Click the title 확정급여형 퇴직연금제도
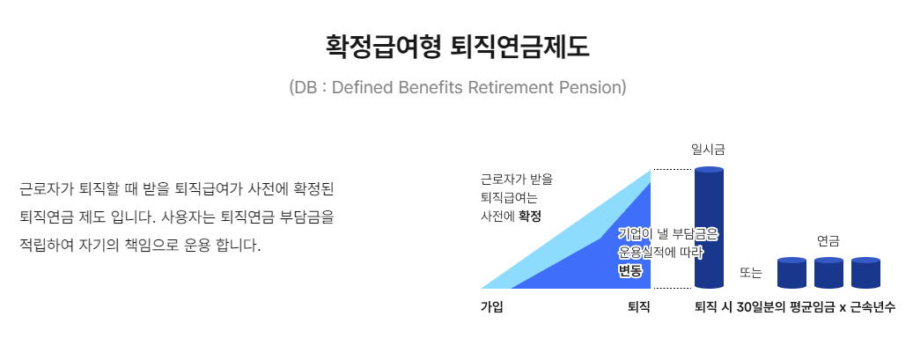coord(457,46)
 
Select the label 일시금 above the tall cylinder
coord(708,151)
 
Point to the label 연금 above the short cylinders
coord(828,239)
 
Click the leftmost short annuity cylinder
coord(792,273)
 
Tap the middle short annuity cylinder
coord(828,273)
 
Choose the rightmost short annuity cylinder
coord(865,273)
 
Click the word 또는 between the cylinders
coord(751,274)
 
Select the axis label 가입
coord(491,307)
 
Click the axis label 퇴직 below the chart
coord(638,307)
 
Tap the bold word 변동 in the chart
coord(630,270)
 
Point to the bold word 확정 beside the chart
coord(529,215)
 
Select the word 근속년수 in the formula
coord(873,307)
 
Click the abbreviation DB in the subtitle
coord(304,88)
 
